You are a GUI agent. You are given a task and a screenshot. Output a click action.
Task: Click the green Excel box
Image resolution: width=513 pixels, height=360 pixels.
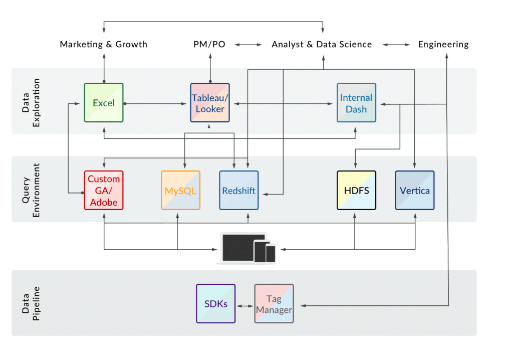tap(104, 103)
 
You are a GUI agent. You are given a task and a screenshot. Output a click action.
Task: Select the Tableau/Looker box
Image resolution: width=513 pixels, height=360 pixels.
tap(210, 103)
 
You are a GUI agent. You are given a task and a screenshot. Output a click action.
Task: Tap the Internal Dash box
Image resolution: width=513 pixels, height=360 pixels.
tap(356, 103)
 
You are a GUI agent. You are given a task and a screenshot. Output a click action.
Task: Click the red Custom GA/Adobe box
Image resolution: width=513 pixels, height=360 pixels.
tap(104, 191)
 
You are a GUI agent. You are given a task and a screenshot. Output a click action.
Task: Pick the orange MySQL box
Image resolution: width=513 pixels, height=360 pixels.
tap(180, 191)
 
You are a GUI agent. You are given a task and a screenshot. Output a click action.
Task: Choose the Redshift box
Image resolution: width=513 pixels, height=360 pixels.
tap(239, 191)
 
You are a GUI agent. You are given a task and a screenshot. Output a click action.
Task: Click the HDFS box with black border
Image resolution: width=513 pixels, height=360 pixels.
tap(356, 191)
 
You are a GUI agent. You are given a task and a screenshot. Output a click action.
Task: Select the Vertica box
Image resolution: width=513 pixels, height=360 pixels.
tap(415, 191)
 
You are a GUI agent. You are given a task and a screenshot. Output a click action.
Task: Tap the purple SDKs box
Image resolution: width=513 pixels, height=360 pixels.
tap(215, 304)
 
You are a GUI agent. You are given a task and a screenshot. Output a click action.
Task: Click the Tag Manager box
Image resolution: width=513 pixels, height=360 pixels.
tap(274, 304)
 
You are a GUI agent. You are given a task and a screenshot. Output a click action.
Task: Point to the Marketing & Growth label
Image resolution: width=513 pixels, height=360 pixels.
tap(104, 44)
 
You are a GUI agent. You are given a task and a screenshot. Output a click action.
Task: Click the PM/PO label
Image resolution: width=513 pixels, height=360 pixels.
tap(209, 44)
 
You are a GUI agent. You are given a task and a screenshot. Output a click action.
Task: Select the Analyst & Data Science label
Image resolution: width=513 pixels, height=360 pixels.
tap(322, 44)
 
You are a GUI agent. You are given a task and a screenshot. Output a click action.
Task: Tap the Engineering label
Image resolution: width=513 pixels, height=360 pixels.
tap(443, 44)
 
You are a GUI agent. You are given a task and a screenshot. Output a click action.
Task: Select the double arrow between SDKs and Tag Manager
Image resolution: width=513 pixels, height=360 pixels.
tap(244, 305)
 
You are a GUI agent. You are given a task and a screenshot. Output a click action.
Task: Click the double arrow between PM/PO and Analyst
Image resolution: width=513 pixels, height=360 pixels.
tap(248, 45)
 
